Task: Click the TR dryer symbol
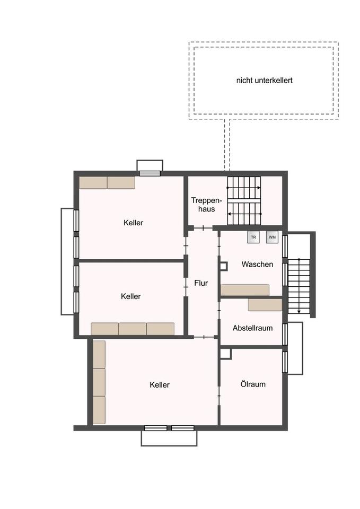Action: point(253,238)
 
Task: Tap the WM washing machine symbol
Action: point(272,238)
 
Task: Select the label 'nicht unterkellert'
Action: point(264,81)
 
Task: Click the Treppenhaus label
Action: point(206,205)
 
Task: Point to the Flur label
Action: point(201,283)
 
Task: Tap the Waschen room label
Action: point(257,264)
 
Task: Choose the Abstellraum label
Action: point(252,328)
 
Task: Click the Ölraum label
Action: point(253,384)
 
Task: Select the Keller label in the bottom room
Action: point(160,385)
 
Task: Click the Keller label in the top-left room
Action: point(133,223)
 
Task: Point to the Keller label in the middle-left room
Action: point(130,296)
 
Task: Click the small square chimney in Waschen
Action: point(224,266)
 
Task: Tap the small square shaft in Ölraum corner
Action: point(226,354)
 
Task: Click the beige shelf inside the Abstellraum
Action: point(265,305)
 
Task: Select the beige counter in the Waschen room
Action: point(245,290)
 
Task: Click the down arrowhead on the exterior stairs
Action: point(299,312)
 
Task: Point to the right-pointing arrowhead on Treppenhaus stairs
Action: point(259,188)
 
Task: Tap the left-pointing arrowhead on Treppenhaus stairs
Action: point(230,214)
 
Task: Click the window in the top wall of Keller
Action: point(150,173)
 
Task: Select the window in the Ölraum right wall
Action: point(285,362)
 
